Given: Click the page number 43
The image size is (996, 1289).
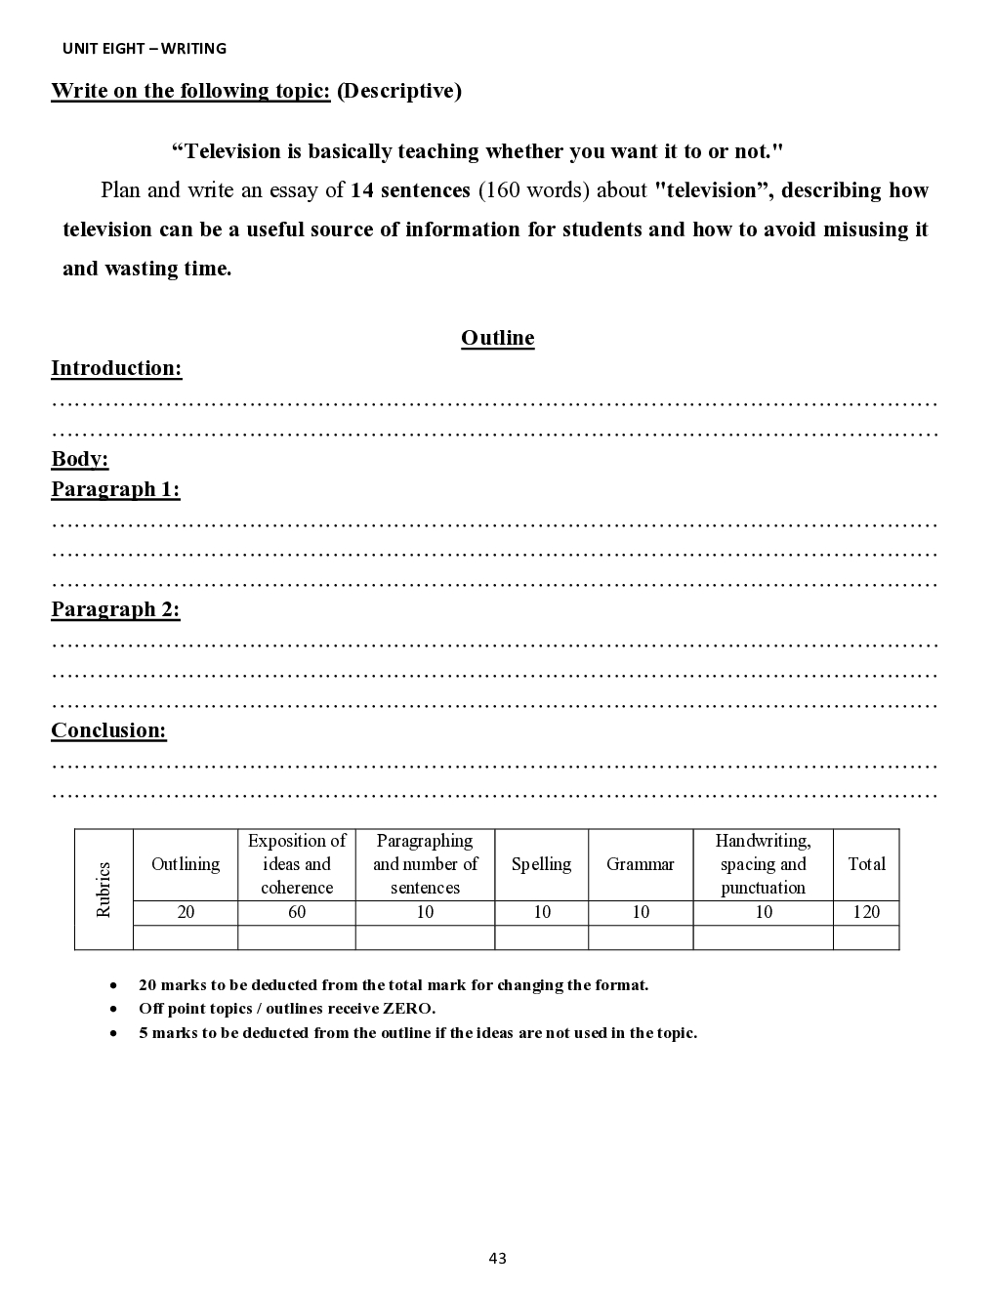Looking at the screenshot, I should coord(497,1258).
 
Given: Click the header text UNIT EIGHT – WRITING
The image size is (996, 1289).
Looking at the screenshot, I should coord(144,48).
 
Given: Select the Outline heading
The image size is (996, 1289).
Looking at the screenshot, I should coord(497,338).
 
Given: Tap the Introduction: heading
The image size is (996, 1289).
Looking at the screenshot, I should coord(116,368).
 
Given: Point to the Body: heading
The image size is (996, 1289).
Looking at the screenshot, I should coord(79,459).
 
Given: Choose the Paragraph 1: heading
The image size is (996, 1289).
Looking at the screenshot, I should coord(115,489).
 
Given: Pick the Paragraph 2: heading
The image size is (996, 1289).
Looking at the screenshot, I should coord(115,609).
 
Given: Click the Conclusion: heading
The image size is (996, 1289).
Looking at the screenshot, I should coord(108,730).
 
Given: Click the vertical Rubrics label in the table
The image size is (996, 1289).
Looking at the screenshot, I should coord(104,889).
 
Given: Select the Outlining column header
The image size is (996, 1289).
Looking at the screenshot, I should coord(186,864).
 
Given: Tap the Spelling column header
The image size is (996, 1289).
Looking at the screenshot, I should coord(541,864).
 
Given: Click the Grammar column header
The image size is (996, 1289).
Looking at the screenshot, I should coord(640,864).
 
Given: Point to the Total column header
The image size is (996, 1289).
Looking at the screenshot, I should coord(866,864).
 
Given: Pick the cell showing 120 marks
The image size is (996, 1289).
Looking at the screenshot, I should coord(866,912).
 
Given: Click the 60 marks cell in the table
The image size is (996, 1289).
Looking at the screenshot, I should coord(297,912).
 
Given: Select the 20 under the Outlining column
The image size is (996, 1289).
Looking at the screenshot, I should coord(186,912).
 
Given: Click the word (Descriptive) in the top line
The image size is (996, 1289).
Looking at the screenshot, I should coord(398,91).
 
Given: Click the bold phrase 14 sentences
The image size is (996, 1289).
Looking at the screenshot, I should coord(410,190).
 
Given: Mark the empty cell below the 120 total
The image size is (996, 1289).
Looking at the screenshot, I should coord(866,937).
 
